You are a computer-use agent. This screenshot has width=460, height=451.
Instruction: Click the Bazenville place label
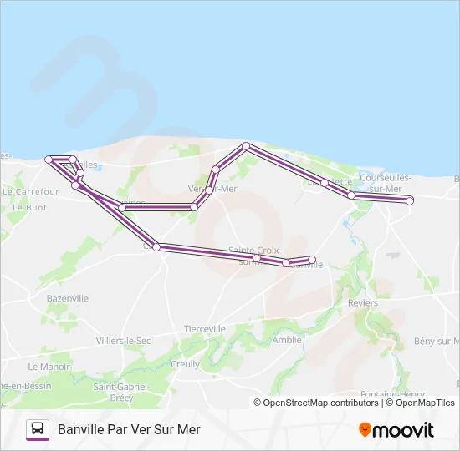click(x=68, y=298)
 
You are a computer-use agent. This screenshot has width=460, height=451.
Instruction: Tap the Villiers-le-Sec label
click(x=123, y=341)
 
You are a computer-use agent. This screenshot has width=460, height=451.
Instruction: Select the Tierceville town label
click(x=204, y=329)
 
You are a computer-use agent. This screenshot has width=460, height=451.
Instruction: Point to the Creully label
click(x=185, y=364)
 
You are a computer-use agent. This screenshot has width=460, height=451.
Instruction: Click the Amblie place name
click(x=287, y=340)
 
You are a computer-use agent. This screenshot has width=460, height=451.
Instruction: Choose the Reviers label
click(x=362, y=303)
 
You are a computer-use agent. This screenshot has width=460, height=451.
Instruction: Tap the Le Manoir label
click(x=49, y=367)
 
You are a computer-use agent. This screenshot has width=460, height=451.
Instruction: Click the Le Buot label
click(x=31, y=207)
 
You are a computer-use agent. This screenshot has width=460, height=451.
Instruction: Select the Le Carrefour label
click(x=31, y=191)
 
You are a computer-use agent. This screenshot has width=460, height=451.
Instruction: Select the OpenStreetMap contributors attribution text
click(x=320, y=403)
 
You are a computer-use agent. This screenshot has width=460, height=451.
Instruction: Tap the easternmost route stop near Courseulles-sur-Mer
click(x=410, y=200)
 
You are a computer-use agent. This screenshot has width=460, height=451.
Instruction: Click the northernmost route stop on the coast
click(x=246, y=146)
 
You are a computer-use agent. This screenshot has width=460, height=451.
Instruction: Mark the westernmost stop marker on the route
click(x=49, y=159)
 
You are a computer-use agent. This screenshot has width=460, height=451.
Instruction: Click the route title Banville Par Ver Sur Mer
click(x=129, y=429)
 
